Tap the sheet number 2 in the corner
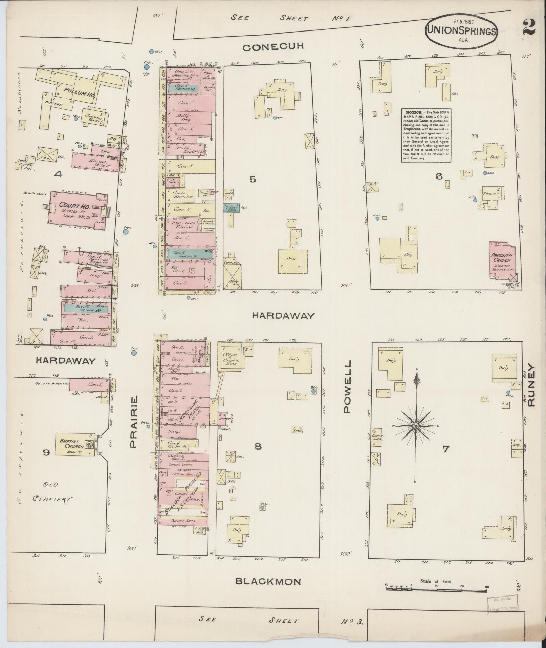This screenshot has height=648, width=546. (528, 27)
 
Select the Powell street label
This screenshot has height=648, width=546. (348, 386)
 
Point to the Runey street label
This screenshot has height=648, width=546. (531, 385)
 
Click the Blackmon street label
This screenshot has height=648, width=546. (268, 582)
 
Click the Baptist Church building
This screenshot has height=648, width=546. (74, 444)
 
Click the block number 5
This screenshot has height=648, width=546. (253, 180)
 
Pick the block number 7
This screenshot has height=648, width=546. (445, 449)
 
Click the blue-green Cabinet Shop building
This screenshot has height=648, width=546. (231, 208)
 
